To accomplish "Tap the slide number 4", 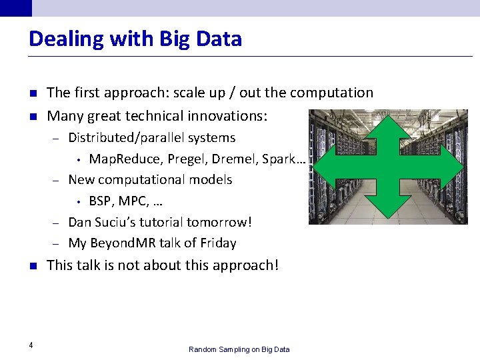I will pos(31,345).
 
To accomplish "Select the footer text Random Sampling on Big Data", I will pos(239,349).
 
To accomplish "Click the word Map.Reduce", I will pos(120,159).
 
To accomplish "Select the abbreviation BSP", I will pos(101,201).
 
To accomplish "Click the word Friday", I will pos(217,243).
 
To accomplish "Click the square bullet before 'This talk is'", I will pos(32,265).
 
